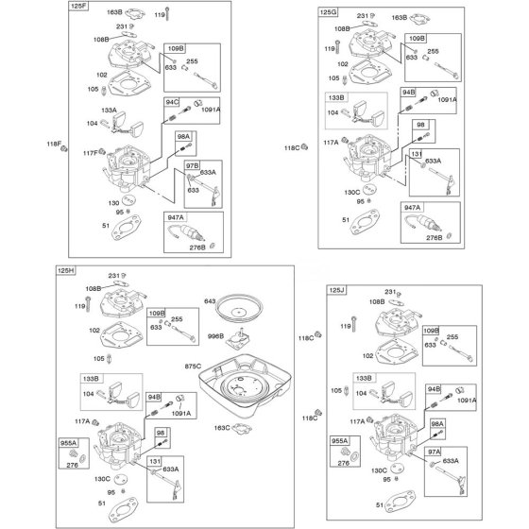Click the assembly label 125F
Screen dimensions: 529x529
pyautogui.click(x=78, y=6)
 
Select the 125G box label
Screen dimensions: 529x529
pyautogui.click(x=329, y=12)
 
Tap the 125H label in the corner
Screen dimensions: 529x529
pyautogui.click(x=66, y=270)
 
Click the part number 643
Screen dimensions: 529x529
pyautogui.click(x=210, y=301)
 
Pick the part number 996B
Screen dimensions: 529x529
pyautogui.click(x=216, y=336)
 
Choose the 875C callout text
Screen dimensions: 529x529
pyautogui.click(x=193, y=367)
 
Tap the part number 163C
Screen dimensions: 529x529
pyautogui.click(x=222, y=428)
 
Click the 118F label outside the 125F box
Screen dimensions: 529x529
pyautogui.click(x=54, y=144)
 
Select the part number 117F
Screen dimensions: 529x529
pyautogui.click(x=91, y=153)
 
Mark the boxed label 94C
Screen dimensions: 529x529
pyautogui.click(x=172, y=102)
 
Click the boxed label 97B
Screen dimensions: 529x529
pyautogui.click(x=193, y=165)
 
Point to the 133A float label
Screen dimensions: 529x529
pyautogui.click(x=109, y=110)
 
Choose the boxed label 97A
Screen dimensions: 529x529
pyautogui.click(x=434, y=452)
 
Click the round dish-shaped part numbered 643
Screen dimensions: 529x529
pyautogui.click(x=239, y=308)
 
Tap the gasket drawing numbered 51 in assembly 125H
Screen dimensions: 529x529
pyautogui.click(x=123, y=511)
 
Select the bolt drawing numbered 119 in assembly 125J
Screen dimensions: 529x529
pyautogui.click(x=353, y=324)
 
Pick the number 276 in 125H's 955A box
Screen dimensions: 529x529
pyautogui.click(x=72, y=465)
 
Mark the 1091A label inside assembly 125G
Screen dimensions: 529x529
pyautogui.click(x=447, y=99)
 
